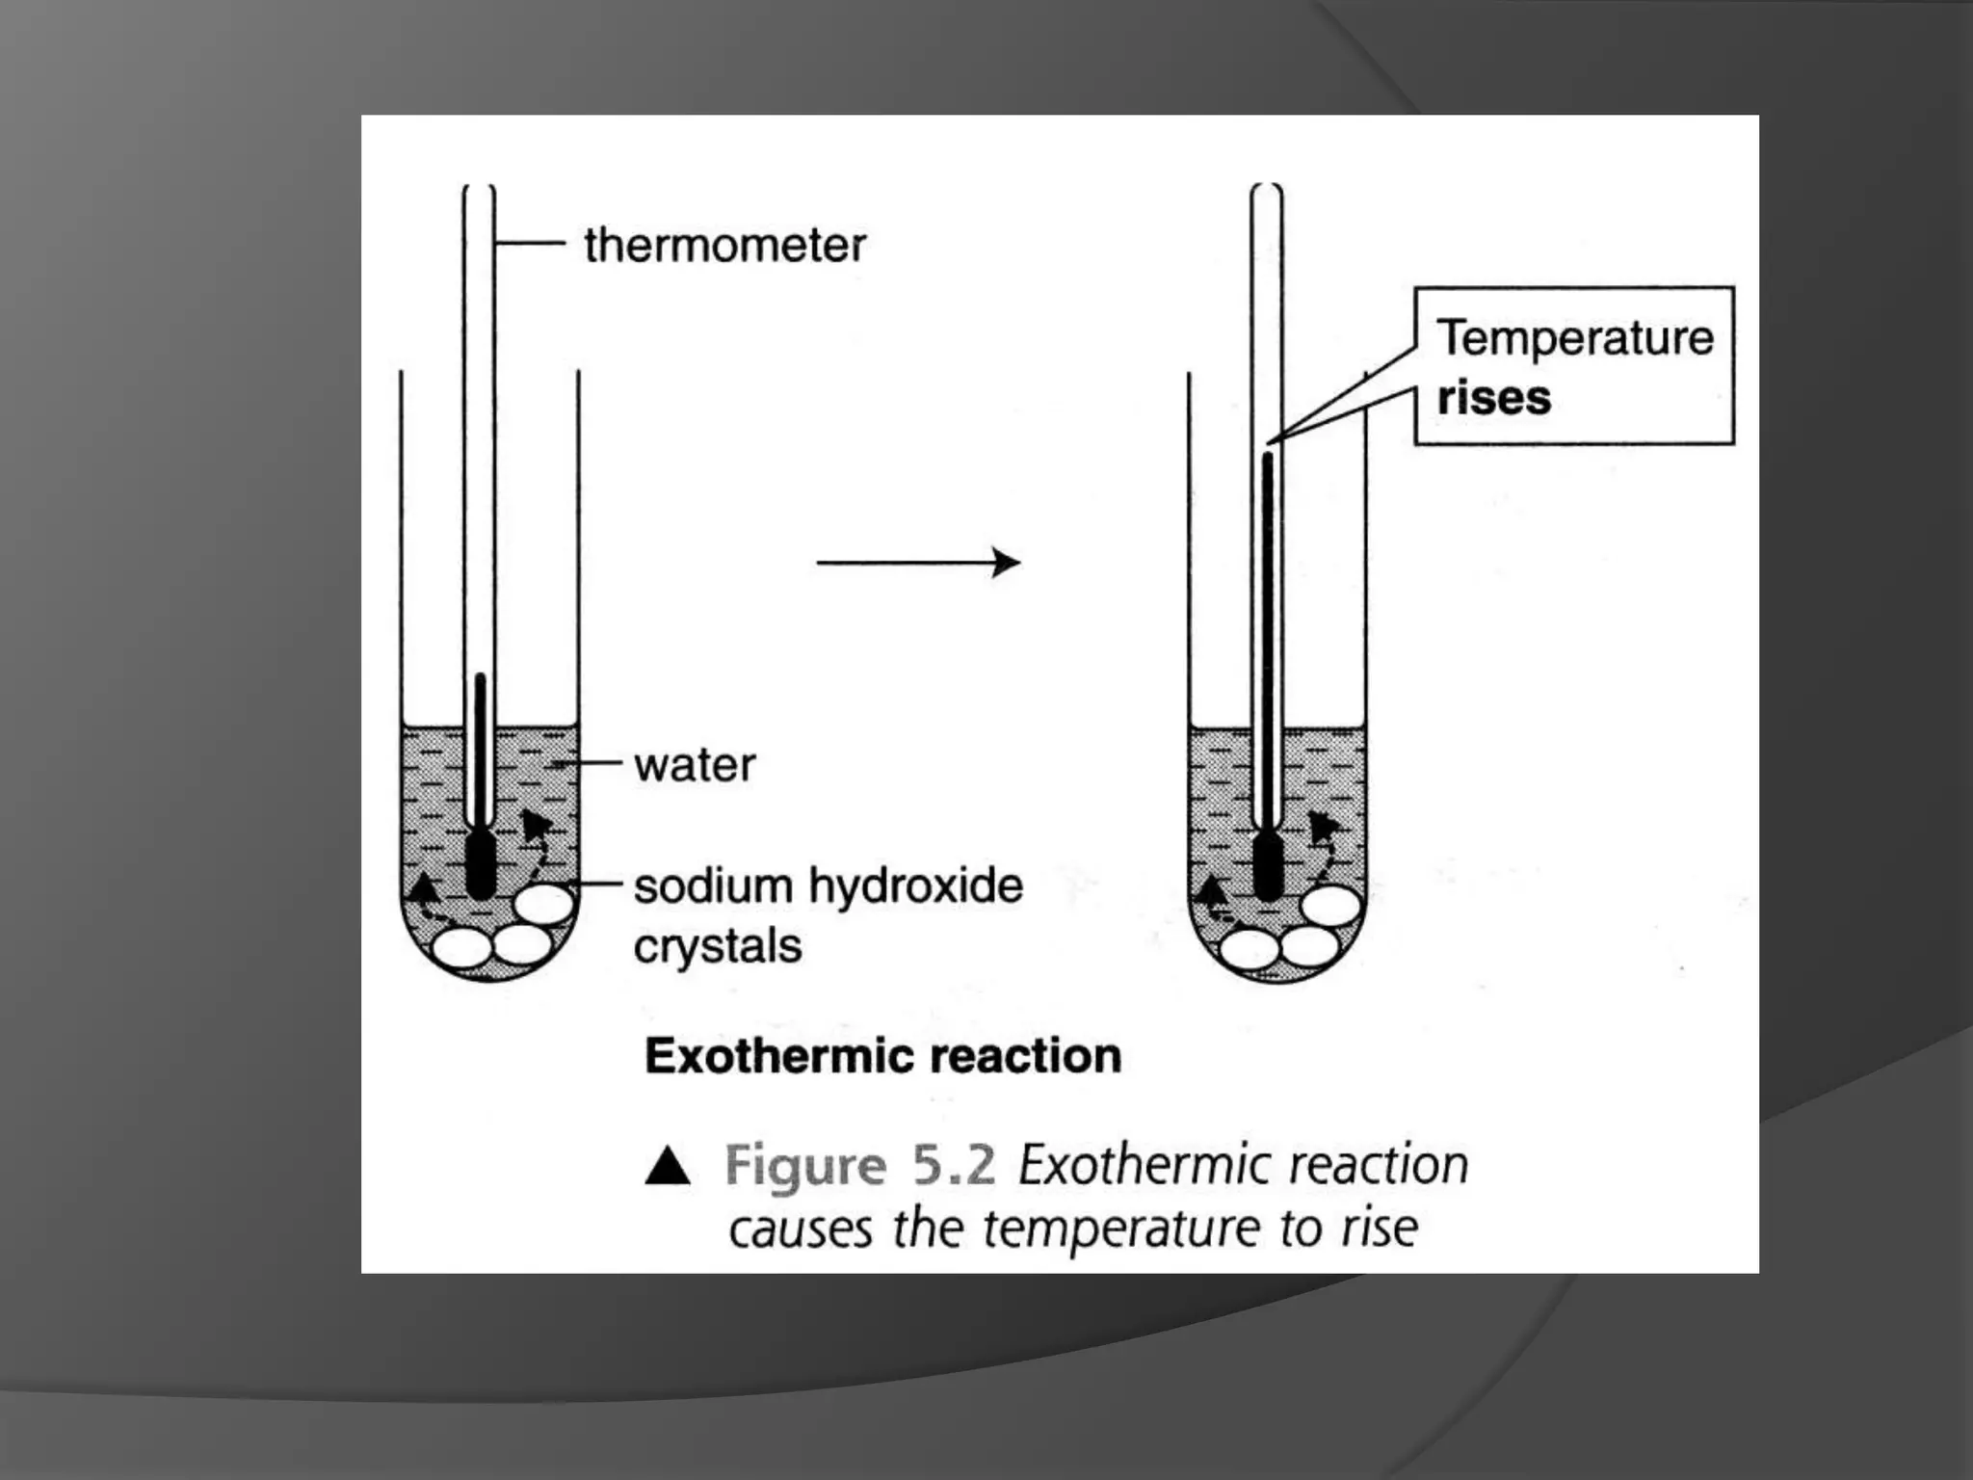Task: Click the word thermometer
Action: (x=724, y=245)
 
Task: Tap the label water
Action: (x=695, y=765)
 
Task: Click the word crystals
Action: (x=718, y=946)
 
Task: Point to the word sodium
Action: (x=713, y=885)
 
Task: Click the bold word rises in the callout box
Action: (x=1494, y=398)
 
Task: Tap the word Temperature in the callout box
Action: (x=1575, y=338)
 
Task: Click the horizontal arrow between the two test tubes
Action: (x=918, y=562)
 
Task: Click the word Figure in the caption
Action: (x=805, y=1165)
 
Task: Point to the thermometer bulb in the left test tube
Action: (x=480, y=864)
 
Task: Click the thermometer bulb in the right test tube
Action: (x=1268, y=866)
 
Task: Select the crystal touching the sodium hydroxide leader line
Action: (x=544, y=905)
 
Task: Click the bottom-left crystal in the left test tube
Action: (x=461, y=948)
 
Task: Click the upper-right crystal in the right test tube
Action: (x=1331, y=906)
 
